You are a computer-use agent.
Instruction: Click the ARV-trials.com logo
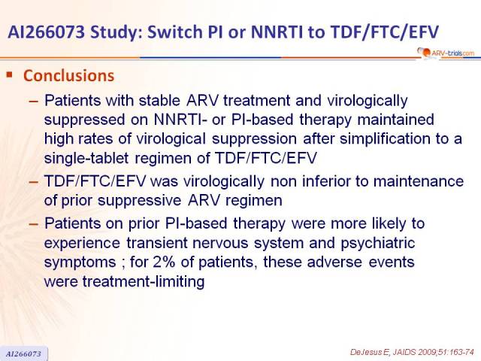pyautogui.click(x=446, y=53)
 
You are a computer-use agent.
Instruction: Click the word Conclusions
pyautogui.click(x=68, y=76)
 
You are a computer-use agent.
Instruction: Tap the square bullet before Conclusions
pyautogui.click(x=10, y=74)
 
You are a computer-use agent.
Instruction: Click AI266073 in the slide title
pyautogui.click(x=46, y=32)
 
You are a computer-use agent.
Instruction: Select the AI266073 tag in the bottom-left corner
pyautogui.click(x=23, y=353)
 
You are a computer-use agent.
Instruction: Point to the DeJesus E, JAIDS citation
pyautogui.click(x=412, y=352)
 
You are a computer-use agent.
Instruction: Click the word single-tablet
pyautogui.click(x=86, y=159)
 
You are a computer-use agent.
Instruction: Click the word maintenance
pyautogui.click(x=419, y=181)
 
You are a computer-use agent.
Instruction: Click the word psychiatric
pyautogui.click(x=378, y=243)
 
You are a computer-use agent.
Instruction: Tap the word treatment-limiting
pyautogui.click(x=144, y=281)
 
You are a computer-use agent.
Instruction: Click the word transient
pyautogui.click(x=157, y=243)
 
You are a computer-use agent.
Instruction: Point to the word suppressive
pyautogui.click(x=140, y=201)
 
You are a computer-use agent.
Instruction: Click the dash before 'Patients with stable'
pyautogui.click(x=33, y=102)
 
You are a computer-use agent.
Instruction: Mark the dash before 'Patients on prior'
pyautogui.click(x=33, y=224)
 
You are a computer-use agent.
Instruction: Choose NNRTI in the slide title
pyautogui.click(x=277, y=32)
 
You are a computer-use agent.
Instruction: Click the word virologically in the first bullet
pyautogui.click(x=368, y=101)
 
